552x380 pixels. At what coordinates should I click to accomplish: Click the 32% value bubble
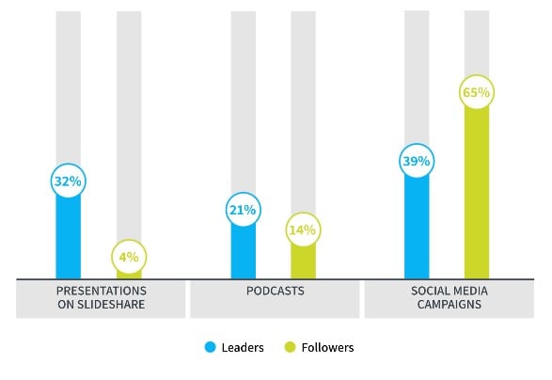68,181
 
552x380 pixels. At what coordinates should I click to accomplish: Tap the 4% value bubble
129,257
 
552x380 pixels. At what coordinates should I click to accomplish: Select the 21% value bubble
243,210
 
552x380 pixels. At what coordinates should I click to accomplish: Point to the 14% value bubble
303,229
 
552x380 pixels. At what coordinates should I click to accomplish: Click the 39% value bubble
417,161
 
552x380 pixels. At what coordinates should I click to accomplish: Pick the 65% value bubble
477,93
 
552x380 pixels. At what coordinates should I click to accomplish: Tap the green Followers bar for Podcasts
303,261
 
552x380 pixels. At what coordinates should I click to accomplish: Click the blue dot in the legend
210,348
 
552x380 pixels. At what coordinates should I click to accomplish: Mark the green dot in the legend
291,348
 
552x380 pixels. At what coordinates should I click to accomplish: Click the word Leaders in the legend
243,348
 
